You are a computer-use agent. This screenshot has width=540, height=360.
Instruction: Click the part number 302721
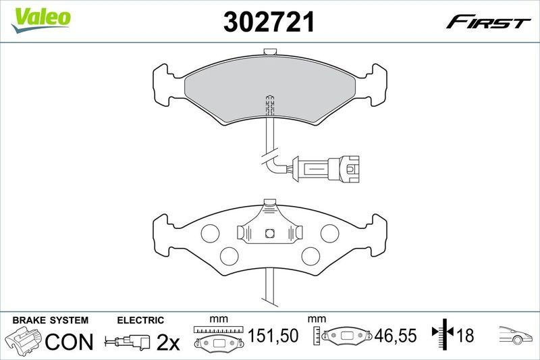269,23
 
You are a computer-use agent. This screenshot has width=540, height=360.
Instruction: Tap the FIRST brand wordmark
487,23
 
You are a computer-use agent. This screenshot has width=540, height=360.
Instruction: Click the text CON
69,342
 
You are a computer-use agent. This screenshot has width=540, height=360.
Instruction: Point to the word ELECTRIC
140,320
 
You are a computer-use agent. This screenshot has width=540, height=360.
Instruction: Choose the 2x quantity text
168,343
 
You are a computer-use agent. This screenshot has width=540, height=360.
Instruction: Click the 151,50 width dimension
273,336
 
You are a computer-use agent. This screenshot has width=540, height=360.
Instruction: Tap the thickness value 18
465,336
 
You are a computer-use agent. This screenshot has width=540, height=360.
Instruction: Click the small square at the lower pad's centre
269,234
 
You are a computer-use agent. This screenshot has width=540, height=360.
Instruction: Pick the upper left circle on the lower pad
211,233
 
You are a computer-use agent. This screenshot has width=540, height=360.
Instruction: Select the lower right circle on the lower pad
310,255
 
